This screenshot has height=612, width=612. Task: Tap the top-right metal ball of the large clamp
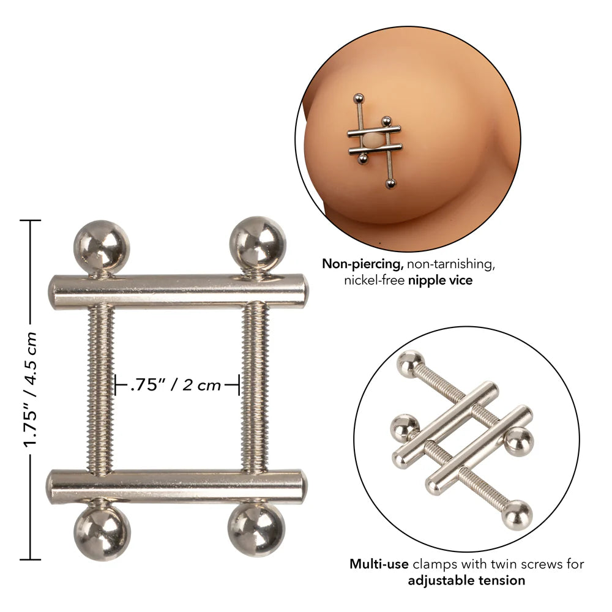(257, 244)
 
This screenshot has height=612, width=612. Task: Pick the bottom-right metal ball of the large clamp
(256, 529)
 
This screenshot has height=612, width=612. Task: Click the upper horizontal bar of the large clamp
(177, 291)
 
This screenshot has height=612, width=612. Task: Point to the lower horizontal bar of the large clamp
(177, 487)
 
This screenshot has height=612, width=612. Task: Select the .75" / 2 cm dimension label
(176, 386)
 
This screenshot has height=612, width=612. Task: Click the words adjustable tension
(466, 580)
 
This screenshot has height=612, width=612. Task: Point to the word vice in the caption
(463, 280)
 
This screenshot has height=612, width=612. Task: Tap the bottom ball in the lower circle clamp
(517, 513)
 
